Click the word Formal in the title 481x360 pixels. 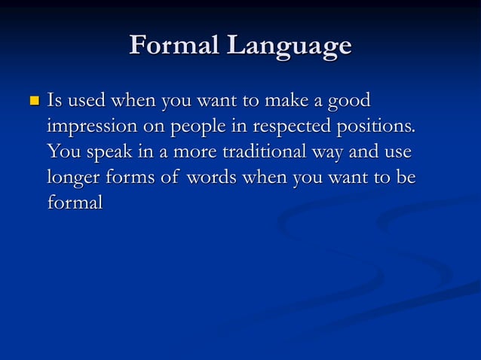pyautogui.click(x=173, y=46)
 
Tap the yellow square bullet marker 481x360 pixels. pyautogui.click(x=32, y=100)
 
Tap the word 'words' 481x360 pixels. pyautogui.click(x=213, y=178)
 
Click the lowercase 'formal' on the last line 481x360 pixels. pyautogui.click(x=74, y=203)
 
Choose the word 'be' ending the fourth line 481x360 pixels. pyautogui.click(x=405, y=178)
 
